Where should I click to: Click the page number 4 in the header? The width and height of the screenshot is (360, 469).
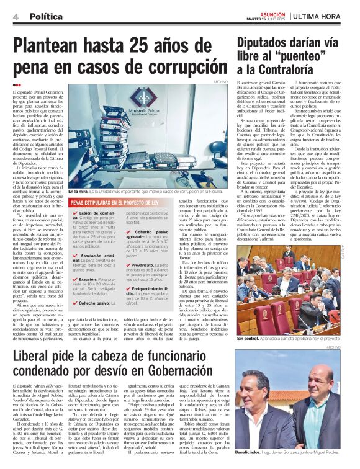pos(15,17)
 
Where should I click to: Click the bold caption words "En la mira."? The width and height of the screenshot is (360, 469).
pos(80,191)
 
